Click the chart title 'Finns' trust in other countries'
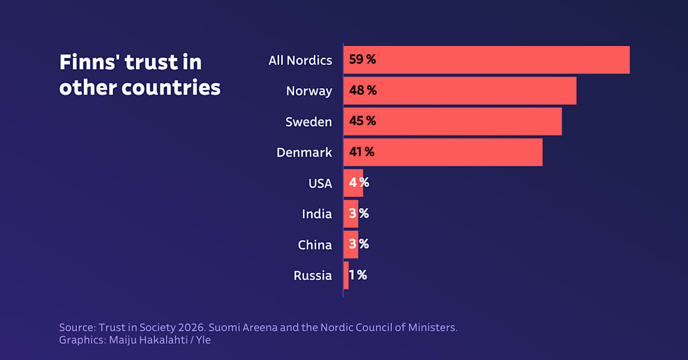[140, 75]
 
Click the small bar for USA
[353, 183]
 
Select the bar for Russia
[346, 276]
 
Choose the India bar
[351, 214]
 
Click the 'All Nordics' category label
[300, 60]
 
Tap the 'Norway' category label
[309, 91]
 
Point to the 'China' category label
[315, 245]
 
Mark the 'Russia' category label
[312, 276]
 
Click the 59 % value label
[362, 60]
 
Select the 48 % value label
[362, 91]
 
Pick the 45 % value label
[362, 122]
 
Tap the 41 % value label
[361, 152]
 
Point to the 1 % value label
[358, 275]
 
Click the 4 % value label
[359, 183]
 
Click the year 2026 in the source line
[191, 328]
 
